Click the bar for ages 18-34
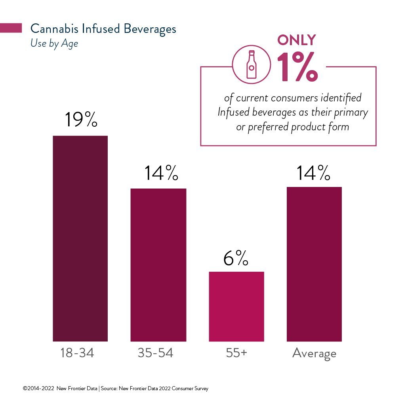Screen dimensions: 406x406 point(80,238)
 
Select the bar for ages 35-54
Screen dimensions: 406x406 point(158,265)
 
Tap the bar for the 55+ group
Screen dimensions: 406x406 point(236,307)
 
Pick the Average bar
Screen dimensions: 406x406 point(314,264)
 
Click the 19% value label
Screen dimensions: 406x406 point(81,119)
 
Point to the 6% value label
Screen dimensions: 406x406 point(236,258)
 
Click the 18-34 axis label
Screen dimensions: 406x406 point(77,353)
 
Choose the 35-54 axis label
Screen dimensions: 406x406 point(155,353)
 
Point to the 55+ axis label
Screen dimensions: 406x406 point(236,353)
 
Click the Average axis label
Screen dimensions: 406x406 point(314,353)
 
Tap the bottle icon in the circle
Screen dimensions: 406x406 point(251,64)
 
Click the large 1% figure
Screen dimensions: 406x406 point(297,67)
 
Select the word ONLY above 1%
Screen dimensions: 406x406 point(296,40)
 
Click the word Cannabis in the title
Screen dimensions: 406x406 point(54,29)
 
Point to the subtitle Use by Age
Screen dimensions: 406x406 point(54,44)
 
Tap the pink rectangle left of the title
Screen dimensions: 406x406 point(11,28)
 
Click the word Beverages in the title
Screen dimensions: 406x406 point(150,29)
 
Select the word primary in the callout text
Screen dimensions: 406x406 point(351,112)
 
